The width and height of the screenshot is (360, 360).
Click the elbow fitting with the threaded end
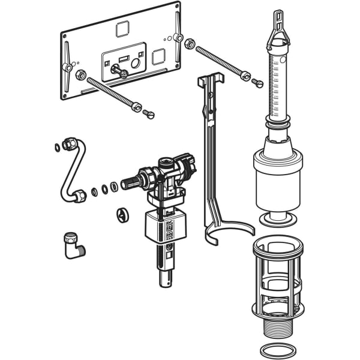coord(74,245)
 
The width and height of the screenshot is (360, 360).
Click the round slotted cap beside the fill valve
coord(122,214)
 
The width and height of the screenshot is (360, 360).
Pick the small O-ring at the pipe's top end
coord(57,147)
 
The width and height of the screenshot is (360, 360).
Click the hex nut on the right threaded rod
coord(189,44)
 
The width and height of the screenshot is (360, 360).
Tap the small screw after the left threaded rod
coord(149,114)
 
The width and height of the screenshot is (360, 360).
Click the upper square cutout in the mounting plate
coord(122,28)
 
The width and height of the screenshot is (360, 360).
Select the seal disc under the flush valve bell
coord(278,217)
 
